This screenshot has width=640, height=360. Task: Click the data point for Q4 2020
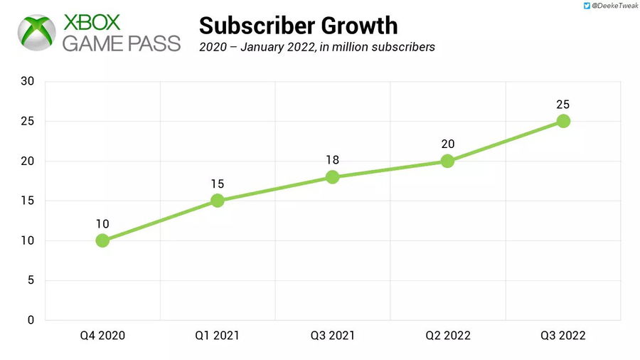click(x=102, y=240)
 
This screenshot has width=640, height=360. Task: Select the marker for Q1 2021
click(x=218, y=201)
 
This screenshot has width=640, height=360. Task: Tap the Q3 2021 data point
click(x=332, y=176)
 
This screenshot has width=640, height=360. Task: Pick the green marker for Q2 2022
click(x=447, y=161)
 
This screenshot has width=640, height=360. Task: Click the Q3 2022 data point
click(x=563, y=121)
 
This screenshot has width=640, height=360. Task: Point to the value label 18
click(x=332, y=160)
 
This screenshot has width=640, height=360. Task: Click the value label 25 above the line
click(x=563, y=105)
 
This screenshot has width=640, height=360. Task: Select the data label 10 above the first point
click(x=102, y=224)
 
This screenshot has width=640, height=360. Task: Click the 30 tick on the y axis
click(x=28, y=82)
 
